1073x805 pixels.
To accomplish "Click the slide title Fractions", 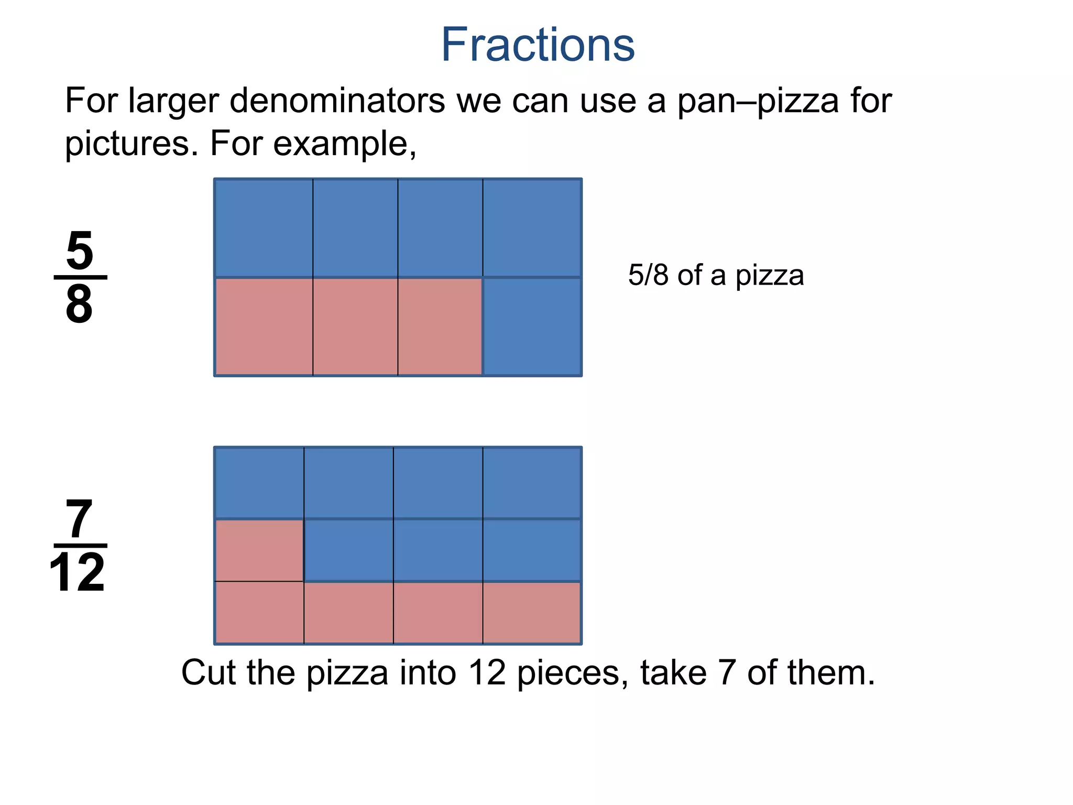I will [538, 45].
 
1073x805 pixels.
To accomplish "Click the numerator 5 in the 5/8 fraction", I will [80, 251].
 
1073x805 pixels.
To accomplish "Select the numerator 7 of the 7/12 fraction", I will [79, 519].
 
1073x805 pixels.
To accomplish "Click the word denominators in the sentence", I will [337, 101].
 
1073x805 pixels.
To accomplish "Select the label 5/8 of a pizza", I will [716, 275].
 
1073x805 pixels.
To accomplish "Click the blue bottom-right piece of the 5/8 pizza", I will [532, 327].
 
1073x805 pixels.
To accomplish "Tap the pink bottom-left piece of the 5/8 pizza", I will [264, 327].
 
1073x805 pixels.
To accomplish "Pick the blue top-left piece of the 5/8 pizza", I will [264, 227].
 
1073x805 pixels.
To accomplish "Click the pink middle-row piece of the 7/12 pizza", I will [259, 550].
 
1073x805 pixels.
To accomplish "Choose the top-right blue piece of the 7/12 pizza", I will [532, 483].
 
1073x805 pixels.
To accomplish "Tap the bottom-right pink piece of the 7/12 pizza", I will [532, 613].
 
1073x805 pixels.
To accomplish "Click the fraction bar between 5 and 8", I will [80, 277].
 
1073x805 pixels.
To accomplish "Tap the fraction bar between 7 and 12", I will [80, 546].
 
